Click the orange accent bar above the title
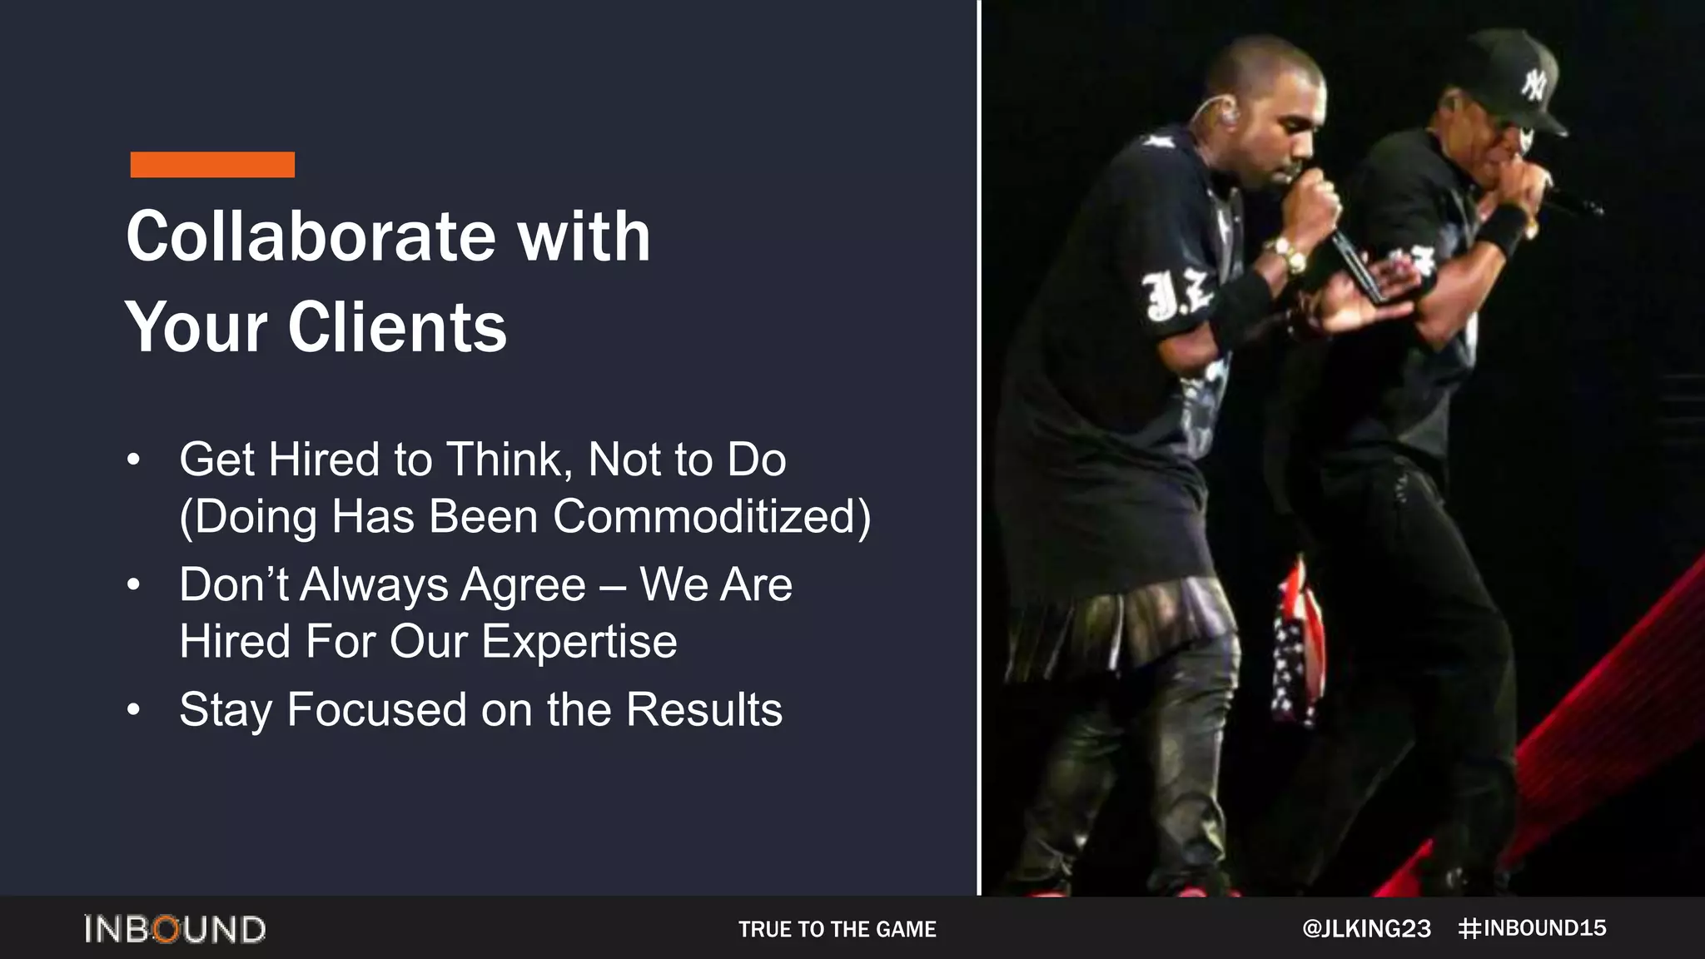click(x=212, y=164)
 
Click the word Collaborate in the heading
click(x=311, y=236)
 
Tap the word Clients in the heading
click(x=397, y=327)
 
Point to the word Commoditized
click(x=712, y=516)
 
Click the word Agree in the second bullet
click(x=524, y=584)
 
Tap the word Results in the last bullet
click(x=703, y=710)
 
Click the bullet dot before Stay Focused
click(x=134, y=710)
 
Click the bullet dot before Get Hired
click(x=134, y=460)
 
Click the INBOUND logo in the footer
click(x=175, y=929)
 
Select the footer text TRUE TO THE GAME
click(x=837, y=929)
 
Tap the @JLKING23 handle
click(x=1366, y=929)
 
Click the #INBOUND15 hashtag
click(x=1533, y=928)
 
